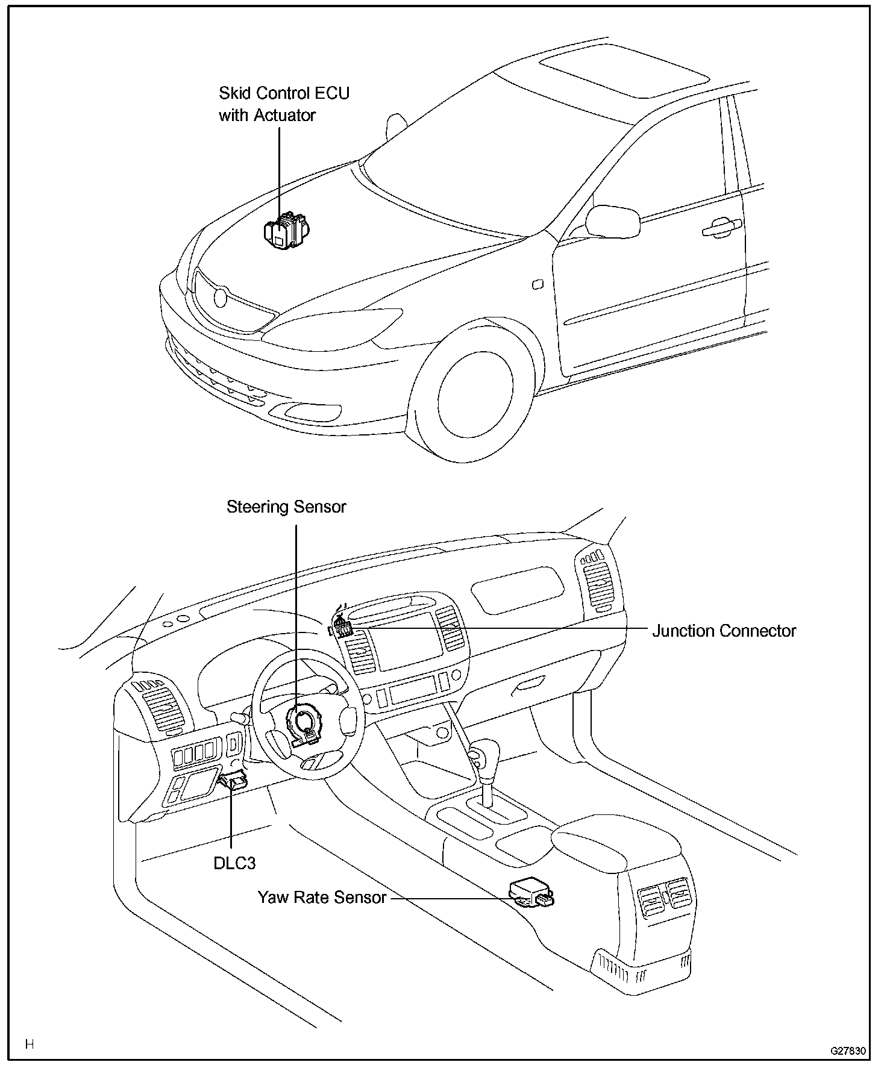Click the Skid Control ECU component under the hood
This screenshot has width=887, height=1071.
[x=286, y=231]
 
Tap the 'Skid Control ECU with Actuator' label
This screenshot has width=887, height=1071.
[x=283, y=104]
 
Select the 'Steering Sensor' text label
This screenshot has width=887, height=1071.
[x=286, y=507]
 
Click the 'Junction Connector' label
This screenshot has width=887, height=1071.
[x=724, y=631]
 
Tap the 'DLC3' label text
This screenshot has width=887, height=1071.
[x=234, y=863]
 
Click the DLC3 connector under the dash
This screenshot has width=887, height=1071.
[x=234, y=781]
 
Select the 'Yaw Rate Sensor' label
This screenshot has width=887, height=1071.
[x=322, y=898]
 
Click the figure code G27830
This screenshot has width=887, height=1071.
[x=848, y=1051]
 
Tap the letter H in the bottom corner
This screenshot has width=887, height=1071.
[x=29, y=1044]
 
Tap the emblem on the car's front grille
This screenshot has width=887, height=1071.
[x=220, y=298]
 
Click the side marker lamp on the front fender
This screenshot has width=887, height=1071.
[x=538, y=284]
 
